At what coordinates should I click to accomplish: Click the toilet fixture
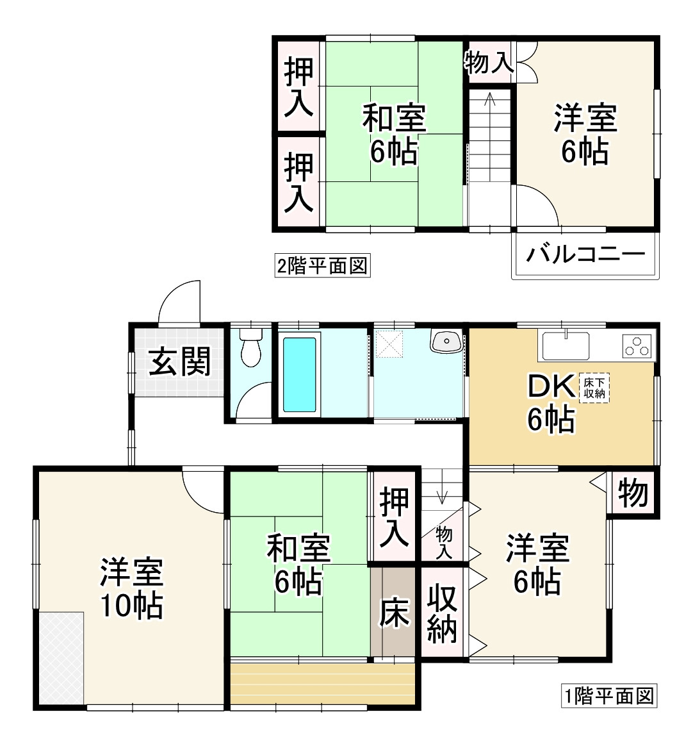pos(251,348)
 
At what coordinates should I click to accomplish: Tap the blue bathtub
pos(300,374)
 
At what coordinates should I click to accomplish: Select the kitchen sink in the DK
pos(566,346)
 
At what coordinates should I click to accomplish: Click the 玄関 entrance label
pos(180,362)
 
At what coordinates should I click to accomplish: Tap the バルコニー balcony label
pos(585,255)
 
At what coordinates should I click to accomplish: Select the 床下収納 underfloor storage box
pos(594,388)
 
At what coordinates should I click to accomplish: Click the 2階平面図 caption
pos(323,265)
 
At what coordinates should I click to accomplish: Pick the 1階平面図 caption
pos(610,695)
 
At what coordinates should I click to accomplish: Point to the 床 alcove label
pos(393,613)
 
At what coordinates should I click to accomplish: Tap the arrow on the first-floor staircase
pos(442,493)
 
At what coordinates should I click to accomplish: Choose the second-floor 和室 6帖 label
pos(394,135)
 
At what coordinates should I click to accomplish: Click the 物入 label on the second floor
pos(488,63)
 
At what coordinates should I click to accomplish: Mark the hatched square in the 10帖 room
pos(61,658)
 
